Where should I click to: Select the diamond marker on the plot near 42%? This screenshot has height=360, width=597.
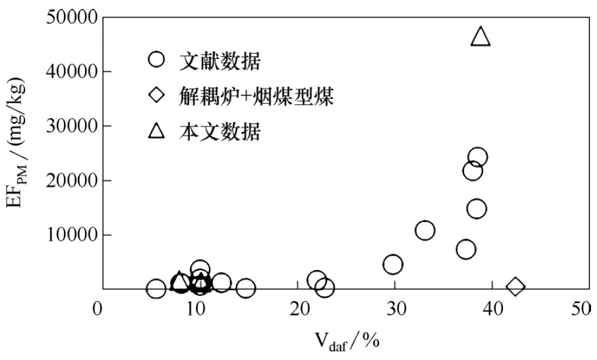pyautogui.click(x=515, y=287)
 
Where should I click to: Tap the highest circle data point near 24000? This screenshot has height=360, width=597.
pyautogui.click(x=477, y=158)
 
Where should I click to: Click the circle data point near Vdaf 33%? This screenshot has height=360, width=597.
pyautogui.click(x=425, y=231)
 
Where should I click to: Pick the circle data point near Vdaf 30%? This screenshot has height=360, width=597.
pyautogui.click(x=392, y=264)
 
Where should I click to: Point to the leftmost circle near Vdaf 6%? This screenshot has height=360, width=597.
pyautogui.click(x=156, y=289)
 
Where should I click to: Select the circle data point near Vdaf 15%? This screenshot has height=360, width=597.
pyautogui.click(x=246, y=289)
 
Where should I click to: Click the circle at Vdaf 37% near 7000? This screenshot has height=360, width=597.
pyautogui.click(x=466, y=249)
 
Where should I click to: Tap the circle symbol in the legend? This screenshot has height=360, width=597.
pyautogui.click(x=156, y=60)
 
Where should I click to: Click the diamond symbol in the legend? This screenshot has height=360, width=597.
pyautogui.click(x=156, y=95)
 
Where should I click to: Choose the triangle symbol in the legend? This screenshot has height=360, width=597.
pyautogui.click(x=156, y=131)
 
